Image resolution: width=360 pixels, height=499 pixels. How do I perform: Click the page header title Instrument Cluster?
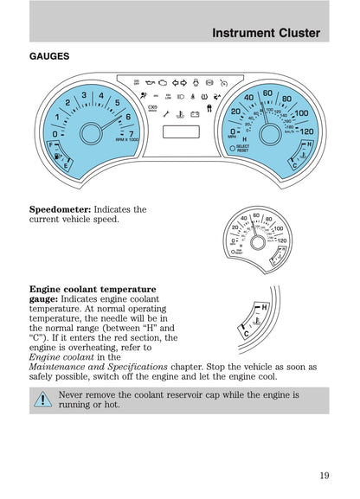click(266, 33)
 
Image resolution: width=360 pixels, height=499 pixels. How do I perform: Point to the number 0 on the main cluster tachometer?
click(55, 134)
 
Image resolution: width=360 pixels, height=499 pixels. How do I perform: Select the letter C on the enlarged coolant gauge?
click(246, 333)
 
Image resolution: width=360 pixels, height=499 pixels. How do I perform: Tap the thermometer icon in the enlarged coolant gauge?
click(254, 323)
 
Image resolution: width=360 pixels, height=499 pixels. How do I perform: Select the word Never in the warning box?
click(74, 393)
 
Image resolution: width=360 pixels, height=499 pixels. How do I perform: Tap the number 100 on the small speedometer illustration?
click(280, 228)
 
